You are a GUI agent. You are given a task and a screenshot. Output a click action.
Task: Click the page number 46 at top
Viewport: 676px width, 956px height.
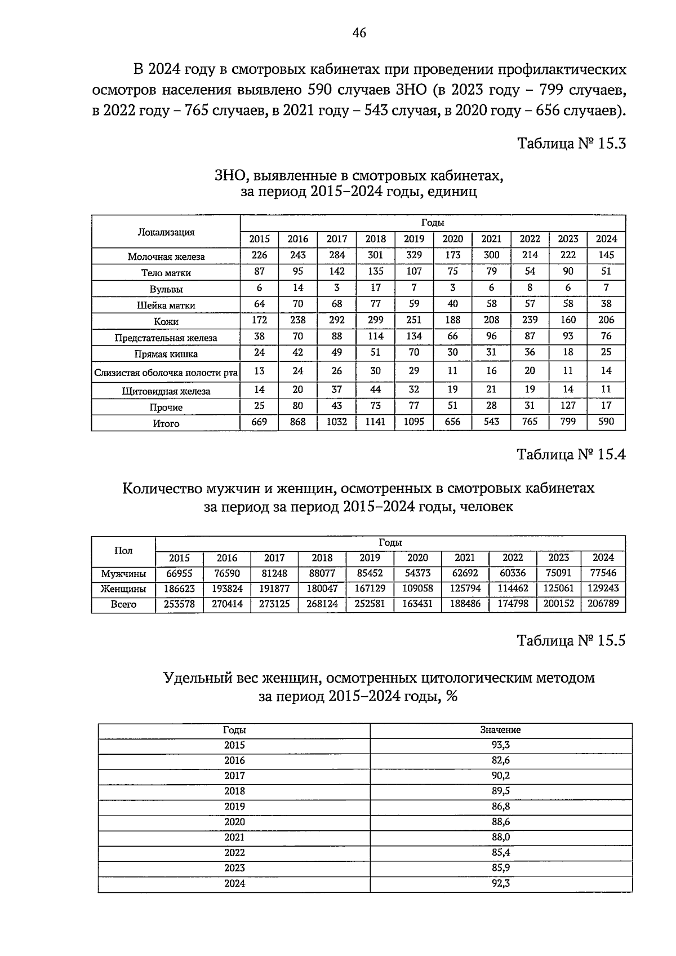pos(359,33)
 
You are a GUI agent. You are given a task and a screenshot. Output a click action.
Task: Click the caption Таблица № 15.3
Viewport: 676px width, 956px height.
pos(571,143)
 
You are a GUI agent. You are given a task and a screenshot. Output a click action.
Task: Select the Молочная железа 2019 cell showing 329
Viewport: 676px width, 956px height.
pos(414,255)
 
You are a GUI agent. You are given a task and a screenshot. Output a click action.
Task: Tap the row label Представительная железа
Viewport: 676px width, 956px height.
pos(166,338)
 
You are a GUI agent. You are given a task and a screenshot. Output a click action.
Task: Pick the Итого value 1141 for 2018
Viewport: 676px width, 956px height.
pos(375,422)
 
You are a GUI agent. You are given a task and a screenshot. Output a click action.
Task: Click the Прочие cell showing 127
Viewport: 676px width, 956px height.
pos(568,405)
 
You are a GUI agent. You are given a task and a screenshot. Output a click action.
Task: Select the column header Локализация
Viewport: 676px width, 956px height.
pos(166,232)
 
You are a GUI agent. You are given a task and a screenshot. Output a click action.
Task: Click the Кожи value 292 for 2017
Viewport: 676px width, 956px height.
pos(337,320)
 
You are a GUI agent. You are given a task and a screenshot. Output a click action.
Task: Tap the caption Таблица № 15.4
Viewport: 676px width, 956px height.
pos(571,454)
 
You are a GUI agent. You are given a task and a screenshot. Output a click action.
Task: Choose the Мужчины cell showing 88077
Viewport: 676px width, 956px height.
pos(322,573)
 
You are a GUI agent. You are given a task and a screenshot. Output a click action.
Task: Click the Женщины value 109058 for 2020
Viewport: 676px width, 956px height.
pos(417,588)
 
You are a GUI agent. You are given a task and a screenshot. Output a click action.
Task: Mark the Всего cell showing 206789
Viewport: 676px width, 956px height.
pos(603,604)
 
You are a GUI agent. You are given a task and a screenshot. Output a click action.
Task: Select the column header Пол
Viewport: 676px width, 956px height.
pos(123,551)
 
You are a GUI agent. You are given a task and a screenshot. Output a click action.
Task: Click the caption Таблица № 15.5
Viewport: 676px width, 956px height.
pos(571,641)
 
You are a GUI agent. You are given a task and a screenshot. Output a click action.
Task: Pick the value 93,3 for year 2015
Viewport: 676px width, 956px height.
pos(500,745)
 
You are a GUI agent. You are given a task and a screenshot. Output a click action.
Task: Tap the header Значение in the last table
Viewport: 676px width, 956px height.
pos(500,730)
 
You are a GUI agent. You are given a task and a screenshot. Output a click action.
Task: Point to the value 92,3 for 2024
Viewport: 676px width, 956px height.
pos(500,883)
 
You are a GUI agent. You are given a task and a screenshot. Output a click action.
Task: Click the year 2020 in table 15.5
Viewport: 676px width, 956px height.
pos(234,822)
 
